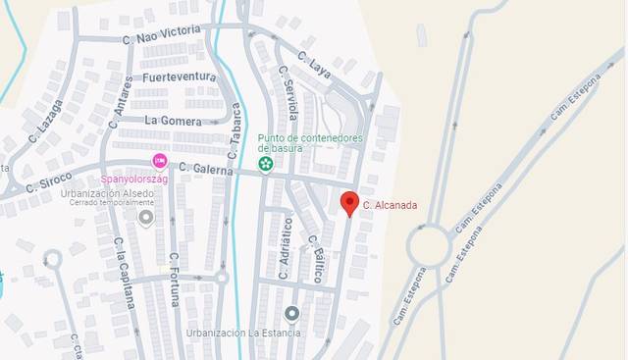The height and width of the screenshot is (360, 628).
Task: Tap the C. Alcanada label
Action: pyautogui.click(x=391, y=206)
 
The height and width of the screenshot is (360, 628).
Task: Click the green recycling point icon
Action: pyautogui.click(x=264, y=163)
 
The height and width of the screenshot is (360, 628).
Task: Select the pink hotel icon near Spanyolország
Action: pyautogui.click(x=159, y=161)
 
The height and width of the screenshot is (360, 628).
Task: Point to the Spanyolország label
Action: pyautogui.click(x=135, y=180)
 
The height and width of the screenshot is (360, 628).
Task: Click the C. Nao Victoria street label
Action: pyautogui.click(x=161, y=35)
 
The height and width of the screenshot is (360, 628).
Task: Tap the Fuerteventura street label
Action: pyautogui.click(x=178, y=76)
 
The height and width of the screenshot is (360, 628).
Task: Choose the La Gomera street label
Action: pyautogui.click(x=172, y=120)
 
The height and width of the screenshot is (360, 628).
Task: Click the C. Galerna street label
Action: pyautogui.click(x=206, y=169)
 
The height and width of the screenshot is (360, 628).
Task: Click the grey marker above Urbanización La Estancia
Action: pyautogui.click(x=291, y=314)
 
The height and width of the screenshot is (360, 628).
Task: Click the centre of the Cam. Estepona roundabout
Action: pyautogui.click(x=429, y=244)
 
